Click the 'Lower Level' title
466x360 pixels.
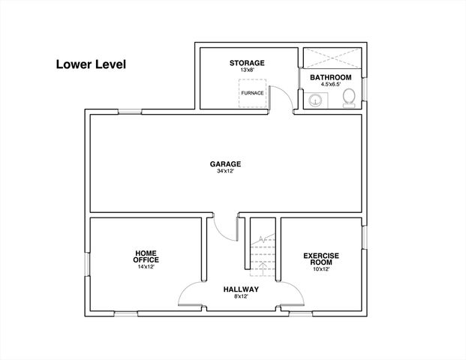(91, 64)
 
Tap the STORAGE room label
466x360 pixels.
(247, 63)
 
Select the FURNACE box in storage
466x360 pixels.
(253, 93)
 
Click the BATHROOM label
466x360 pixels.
(331, 77)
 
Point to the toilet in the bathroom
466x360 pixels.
(350, 100)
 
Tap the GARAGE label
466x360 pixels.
(225, 164)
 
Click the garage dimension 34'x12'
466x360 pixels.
(225, 171)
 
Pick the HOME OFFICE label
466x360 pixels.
(146, 257)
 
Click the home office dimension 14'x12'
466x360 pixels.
(146, 266)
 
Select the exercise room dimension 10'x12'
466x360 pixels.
(320, 268)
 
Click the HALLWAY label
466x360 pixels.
(241, 289)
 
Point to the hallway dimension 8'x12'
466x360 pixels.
(241, 297)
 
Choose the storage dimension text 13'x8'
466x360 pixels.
(247, 70)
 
